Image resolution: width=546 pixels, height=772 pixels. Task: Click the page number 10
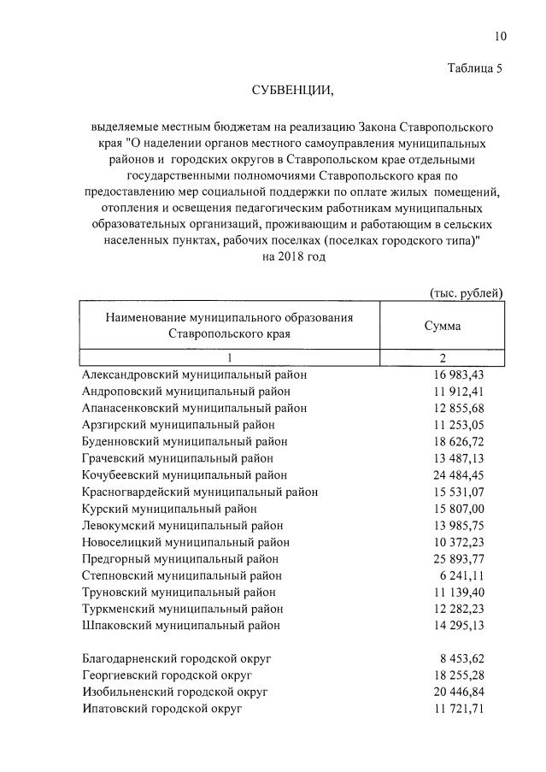(500, 36)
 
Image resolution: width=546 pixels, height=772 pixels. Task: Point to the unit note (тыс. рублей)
(466, 293)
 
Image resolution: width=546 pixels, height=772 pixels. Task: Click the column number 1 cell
(229, 358)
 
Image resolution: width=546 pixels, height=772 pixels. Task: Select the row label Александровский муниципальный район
(194, 374)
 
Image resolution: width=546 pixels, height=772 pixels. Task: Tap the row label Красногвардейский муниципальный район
(200, 492)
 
